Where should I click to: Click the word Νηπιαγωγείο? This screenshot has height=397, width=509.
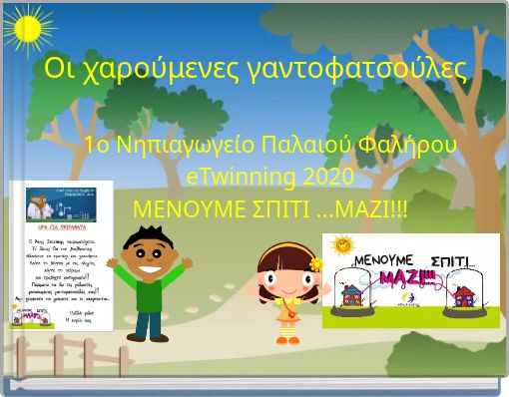click(183, 146)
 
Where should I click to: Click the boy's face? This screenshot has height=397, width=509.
click(149, 246)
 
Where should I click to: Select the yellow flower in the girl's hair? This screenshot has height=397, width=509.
click(315, 264)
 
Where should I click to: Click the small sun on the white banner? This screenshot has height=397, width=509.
click(343, 243)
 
